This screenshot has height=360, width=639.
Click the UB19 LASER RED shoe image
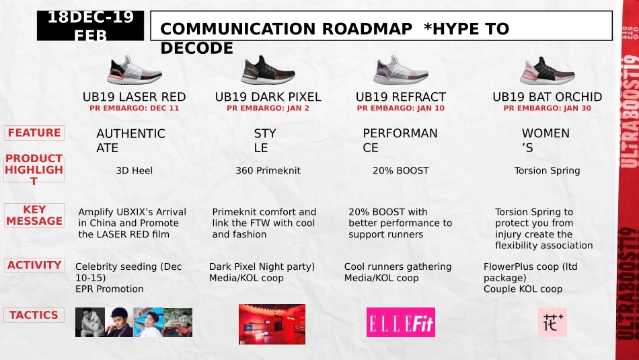click(135, 70)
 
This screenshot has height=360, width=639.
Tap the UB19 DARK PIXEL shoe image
click(268, 70)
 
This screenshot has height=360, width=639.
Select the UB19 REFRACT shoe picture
click(401, 70)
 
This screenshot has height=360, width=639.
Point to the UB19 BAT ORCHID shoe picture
click(547, 70)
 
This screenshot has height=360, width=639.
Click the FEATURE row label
click(34, 133)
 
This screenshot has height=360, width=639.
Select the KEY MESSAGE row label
click(34, 215)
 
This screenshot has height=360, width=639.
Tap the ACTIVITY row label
click(34, 265)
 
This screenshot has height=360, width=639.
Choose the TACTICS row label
click(34, 315)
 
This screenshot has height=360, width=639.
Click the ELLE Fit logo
click(401, 322)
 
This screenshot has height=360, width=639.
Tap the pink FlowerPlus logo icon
click(552, 322)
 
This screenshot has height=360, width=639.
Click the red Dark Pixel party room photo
click(272, 324)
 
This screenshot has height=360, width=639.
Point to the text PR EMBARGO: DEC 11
click(135, 108)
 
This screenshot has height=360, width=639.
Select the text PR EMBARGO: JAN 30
click(547, 108)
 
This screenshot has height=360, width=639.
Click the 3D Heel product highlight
click(135, 170)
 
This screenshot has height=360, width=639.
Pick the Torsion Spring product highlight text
click(547, 170)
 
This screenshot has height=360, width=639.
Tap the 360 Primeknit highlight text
click(268, 170)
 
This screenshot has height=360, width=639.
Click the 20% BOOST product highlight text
click(400, 170)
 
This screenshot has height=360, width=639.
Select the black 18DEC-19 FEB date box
click(90, 26)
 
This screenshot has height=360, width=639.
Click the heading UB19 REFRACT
click(400, 97)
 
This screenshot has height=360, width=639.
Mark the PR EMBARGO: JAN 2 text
click(268, 108)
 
